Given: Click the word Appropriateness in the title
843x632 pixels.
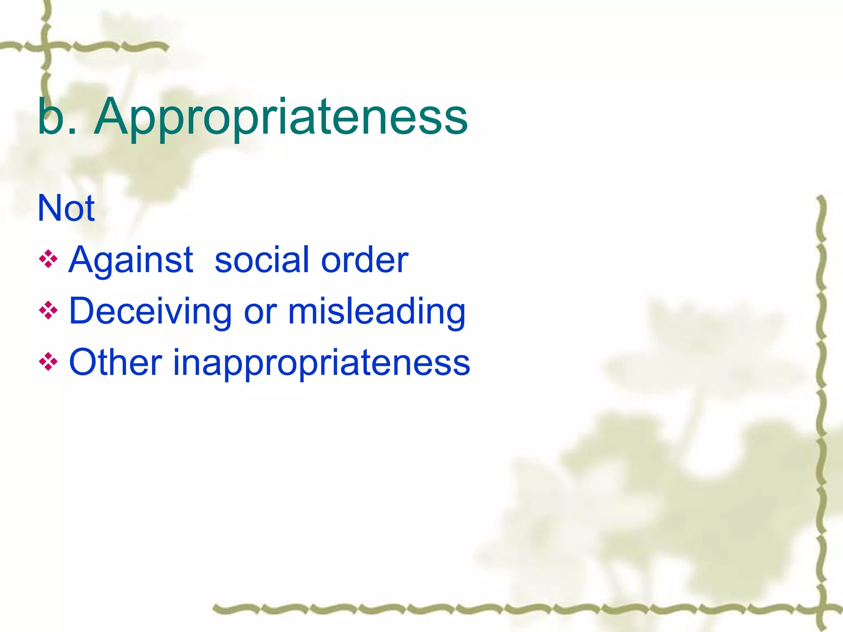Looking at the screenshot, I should [x=281, y=117].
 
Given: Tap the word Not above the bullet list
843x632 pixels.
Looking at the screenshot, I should [x=66, y=208].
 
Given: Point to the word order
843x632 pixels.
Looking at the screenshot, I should [x=364, y=260].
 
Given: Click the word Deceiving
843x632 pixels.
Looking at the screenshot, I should [x=150, y=311].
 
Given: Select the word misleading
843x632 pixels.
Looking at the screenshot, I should [x=377, y=311].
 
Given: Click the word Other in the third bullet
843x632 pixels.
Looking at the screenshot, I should [x=115, y=362].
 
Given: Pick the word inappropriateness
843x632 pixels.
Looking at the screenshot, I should [x=321, y=363].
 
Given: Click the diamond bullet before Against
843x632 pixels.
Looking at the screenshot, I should [x=48, y=260].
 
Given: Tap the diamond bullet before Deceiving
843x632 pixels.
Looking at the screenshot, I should [x=48, y=311].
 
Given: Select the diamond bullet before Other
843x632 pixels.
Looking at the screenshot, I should [x=48, y=362].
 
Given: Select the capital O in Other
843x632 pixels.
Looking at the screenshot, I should [x=83, y=362].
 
